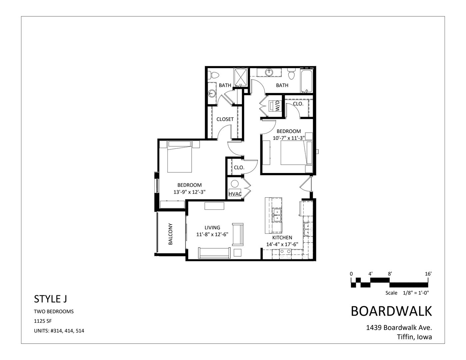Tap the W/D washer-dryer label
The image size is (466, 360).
pyautogui.click(x=277, y=107)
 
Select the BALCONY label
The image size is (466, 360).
pyautogui.click(x=171, y=234)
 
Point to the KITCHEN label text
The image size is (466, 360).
pyautogui.click(x=282, y=238)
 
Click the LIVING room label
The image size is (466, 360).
pyautogui.click(x=212, y=228)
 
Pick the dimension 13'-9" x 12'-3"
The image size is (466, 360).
pyautogui.click(x=189, y=192)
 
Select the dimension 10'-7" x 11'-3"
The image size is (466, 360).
pyautogui.click(x=289, y=138)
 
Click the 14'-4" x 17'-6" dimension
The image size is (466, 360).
pyautogui.click(x=282, y=244)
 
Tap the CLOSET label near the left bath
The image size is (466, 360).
pyautogui.click(x=225, y=119)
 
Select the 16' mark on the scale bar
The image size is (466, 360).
pyautogui.click(x=428, y=274)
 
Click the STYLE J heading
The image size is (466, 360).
pyautogui.click(x=50, y=299)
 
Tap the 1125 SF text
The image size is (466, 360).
pyautogui.click(x=43, y=321)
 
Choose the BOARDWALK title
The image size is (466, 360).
pyautogui.click(x=391, y=311)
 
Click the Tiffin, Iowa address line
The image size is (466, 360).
pyautogui.click(x=414, y=337)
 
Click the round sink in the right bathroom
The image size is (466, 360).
pyautogui.click(x=269, y=72)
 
